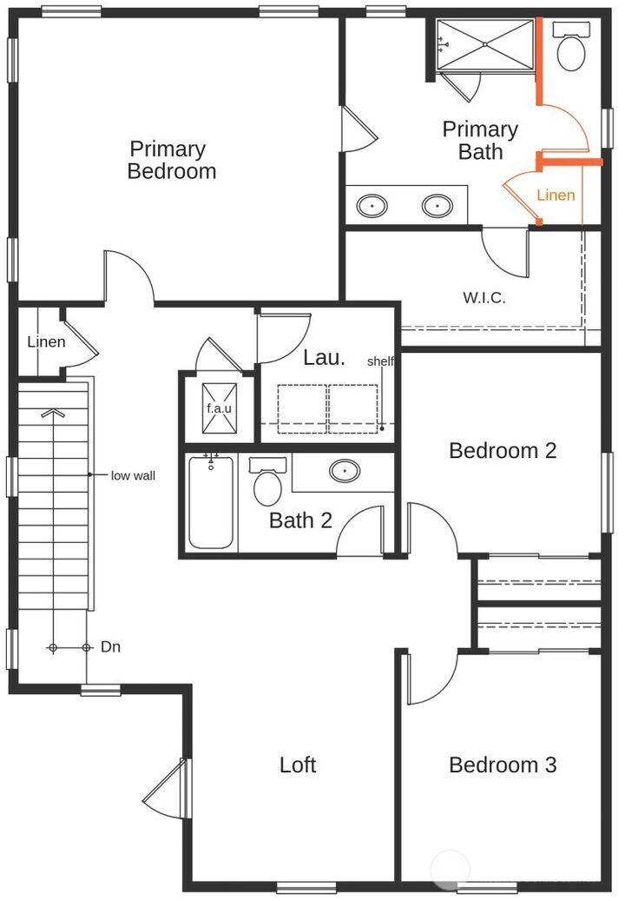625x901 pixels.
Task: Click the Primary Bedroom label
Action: click(172, 161)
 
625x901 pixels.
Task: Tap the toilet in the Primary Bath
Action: click(571, 46)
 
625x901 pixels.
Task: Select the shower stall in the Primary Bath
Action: click(485, 45)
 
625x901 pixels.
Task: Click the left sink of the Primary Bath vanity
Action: click(372, 205)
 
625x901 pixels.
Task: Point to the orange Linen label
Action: click(556, 195)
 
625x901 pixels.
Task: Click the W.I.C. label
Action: click(484, 298)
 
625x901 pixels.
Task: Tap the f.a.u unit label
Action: click(219, 408)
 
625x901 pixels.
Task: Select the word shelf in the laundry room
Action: click(380, 361)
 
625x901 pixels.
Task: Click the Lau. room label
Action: click(325, 357)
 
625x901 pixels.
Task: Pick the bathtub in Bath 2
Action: click(211, 502)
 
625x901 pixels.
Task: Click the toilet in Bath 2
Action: click(267, 481)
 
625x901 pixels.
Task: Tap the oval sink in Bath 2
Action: click(345, 471)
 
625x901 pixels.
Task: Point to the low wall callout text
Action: click(133, 476)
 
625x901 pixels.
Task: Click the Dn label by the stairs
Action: click(110, 647)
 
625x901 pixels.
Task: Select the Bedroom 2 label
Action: click(503, 450)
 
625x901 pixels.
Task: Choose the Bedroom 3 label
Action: click(503, 765)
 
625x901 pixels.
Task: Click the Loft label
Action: click(298, 765)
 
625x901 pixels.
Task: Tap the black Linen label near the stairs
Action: click(47, 342)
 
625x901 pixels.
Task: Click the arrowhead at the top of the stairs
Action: click(53, 413)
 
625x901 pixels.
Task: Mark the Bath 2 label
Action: click(300, 520)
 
